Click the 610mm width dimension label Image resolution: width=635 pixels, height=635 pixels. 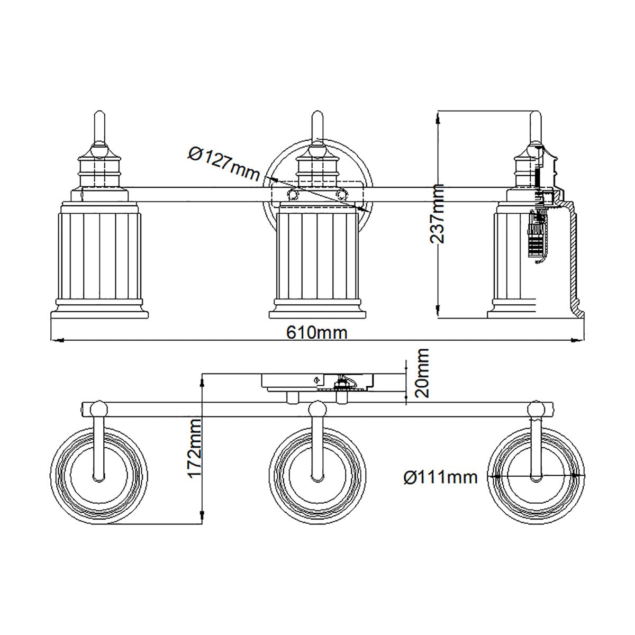point(317,332)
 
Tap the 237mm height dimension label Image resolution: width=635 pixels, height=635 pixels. point(437,213)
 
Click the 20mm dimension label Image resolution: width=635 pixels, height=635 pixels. point(422,374)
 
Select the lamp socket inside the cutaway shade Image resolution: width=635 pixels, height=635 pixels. point(537,233)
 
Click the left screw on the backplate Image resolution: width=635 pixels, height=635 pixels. point(292,195)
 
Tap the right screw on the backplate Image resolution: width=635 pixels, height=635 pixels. point(342,195)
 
